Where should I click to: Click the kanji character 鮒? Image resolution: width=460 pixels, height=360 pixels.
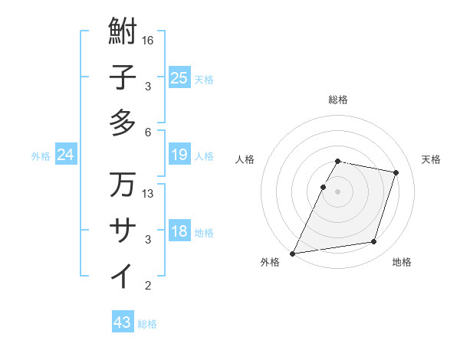click(123, 32)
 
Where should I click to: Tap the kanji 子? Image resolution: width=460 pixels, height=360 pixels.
click(123, 77)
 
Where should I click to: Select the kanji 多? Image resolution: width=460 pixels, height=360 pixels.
click(123, 123)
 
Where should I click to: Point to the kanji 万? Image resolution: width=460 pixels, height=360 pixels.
click(123, 185)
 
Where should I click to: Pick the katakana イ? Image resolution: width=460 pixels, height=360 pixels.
click(123, 275)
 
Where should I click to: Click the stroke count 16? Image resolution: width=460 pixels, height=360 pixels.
click(149, 41)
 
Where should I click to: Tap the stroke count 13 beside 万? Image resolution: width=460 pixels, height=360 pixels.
click(149, 194)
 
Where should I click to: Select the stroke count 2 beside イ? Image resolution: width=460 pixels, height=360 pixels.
click(147, 286)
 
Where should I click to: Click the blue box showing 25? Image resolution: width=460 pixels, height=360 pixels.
click(179, 77)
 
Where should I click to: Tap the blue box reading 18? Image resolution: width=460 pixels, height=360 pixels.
click(179, 231)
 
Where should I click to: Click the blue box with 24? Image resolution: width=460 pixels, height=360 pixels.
click(65, 155)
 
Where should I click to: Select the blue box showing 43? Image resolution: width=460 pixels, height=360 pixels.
click(122, 322)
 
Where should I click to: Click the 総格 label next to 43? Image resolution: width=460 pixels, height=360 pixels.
click(147, 324)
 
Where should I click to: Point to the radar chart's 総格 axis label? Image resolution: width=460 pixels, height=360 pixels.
click(337, 100)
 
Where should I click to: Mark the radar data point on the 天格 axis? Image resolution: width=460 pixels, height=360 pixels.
click(396, 172)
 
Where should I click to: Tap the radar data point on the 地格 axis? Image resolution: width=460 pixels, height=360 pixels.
click(374, 242)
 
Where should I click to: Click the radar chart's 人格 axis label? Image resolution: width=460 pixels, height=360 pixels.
click(245, 159)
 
